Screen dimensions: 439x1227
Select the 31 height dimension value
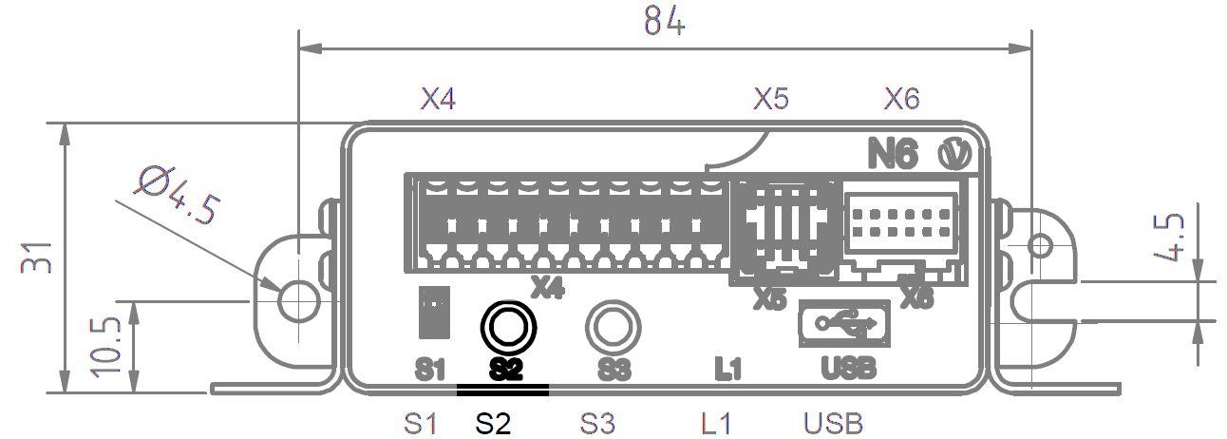click(x=35, y=258)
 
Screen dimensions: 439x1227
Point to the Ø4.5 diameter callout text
click(x=179, y=196)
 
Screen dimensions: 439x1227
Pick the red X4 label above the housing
click(x=438, y=99)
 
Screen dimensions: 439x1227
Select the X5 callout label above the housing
click(x=771, y=99)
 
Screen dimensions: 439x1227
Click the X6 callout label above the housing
click(x=901, y=99)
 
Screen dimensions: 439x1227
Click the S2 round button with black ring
click(x=507, y=326)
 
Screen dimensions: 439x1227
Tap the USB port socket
click(x=844, y=323)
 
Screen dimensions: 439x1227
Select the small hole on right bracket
click(x=1040, y=246)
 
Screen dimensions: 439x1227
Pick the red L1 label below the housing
click(x=716, y=423)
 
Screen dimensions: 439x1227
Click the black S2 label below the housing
click(x=494, y=423)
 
